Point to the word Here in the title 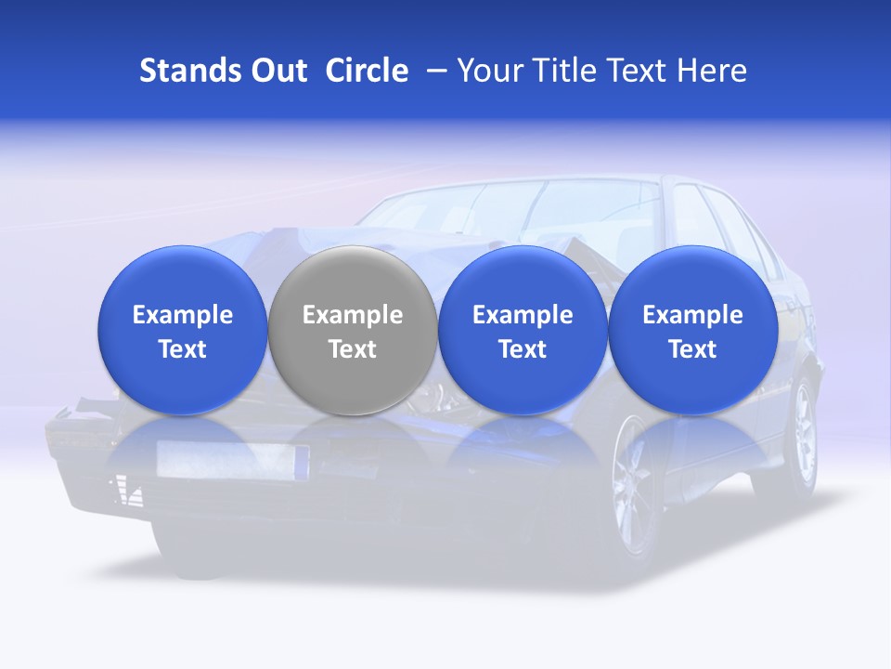tap(712, 71)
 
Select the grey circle tap(352, 330)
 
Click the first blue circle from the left tap(182, 330)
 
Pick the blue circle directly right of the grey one tap(523, 330)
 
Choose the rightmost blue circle tap(692, 330)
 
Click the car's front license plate tap(233, 458)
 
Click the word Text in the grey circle tap(352, 349)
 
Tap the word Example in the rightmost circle tap(692, 315)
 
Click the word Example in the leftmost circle tap(182, 315)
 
